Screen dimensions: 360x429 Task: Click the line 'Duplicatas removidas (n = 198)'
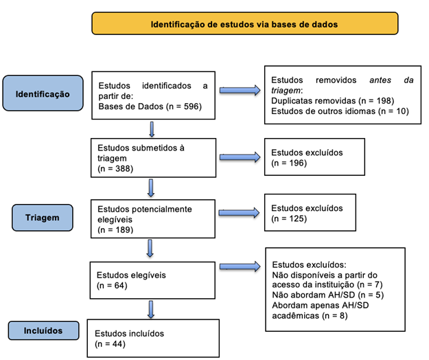click(328, 100)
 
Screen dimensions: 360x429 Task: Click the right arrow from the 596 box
click(240, 90)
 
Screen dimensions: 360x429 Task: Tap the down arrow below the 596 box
click(151, 128)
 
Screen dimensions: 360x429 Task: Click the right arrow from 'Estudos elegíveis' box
click(240, 270)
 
